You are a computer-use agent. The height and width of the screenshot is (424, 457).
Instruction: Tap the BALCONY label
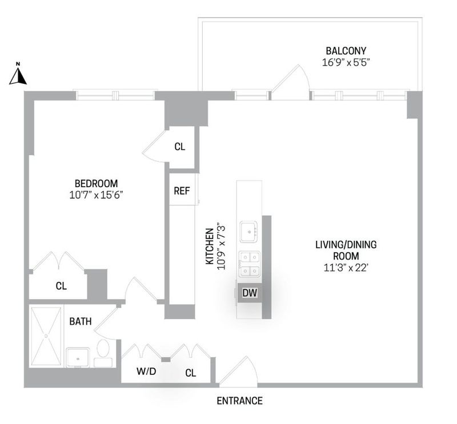coord(346,51)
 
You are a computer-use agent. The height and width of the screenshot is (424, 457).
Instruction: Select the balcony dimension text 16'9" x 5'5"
coord(346,63)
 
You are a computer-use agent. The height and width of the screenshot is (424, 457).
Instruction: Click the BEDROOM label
coord(96,183)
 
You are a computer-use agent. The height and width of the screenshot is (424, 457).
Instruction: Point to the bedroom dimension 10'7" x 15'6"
coord(96,195)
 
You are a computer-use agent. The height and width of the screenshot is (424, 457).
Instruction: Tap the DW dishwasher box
coord(250,293)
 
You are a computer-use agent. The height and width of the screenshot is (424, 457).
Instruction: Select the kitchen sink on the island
coord(249,232)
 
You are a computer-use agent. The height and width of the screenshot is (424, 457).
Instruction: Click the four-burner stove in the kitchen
coord(250,264)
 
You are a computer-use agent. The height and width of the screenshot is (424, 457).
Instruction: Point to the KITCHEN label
coord(210,247)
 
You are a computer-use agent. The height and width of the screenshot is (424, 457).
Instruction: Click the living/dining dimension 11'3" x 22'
coord(346,268)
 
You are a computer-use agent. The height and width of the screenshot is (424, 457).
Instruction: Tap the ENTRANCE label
coord(239,401)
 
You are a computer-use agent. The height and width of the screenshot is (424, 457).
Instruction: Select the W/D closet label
coord(146,371)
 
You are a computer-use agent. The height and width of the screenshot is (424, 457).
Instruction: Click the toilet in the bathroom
coord(103,353)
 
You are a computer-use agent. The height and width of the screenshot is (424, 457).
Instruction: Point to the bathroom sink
coord(77,357)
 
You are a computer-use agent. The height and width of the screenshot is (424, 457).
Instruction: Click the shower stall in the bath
coord(46,336)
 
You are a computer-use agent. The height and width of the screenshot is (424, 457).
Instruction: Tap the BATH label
coord(81,321)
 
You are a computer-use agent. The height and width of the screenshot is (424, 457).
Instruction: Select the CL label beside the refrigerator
coord(180,147)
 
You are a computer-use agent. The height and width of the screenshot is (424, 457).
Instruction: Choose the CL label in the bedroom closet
coord(61,286)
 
